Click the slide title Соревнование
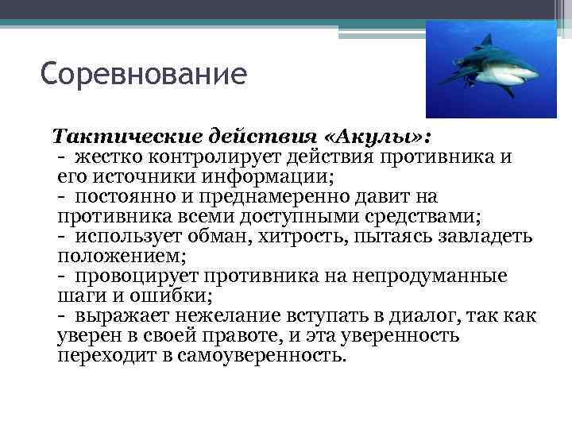[144, 75]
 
